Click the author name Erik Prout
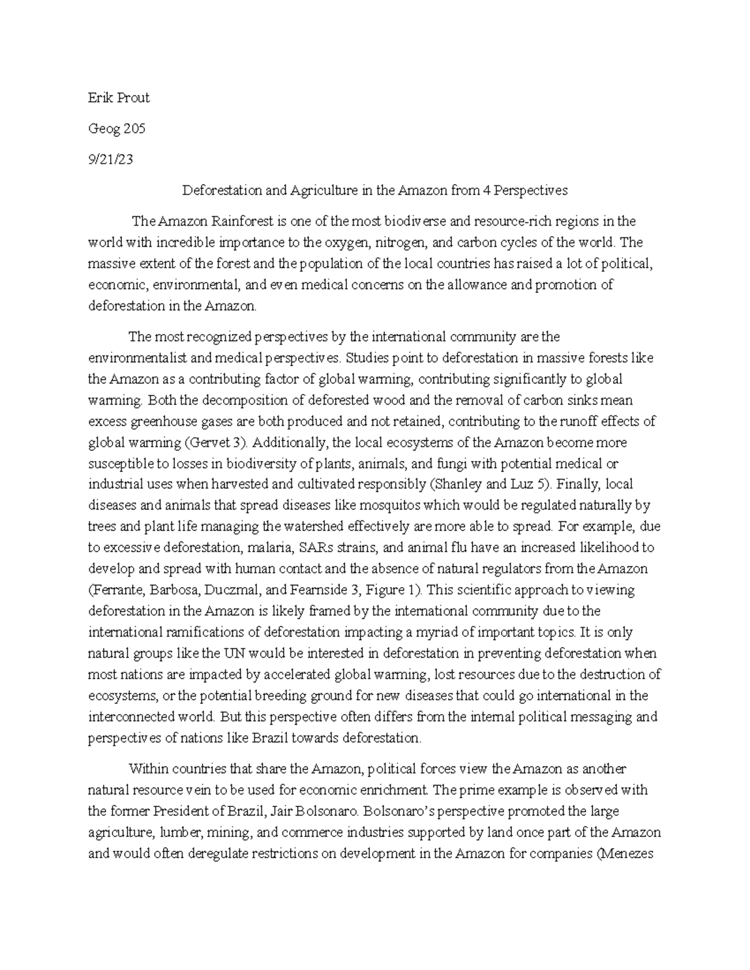[119, 98]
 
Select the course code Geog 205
[117, 129]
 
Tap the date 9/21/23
[111, 160]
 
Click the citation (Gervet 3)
[217, 443]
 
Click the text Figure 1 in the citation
[389, 590]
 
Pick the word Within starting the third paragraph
[147, 769]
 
